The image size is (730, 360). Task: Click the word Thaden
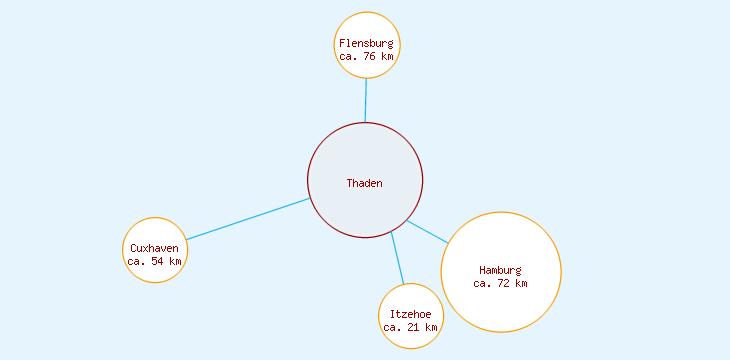coord(364,183)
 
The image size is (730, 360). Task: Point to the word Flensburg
coord(366,44)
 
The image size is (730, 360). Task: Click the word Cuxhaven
coord(154,248)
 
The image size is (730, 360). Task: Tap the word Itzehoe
coord(410,315)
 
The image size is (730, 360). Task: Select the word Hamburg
coord(500,270)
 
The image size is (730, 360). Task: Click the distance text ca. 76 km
coord(366,57)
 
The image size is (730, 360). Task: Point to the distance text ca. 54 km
coord(154,261)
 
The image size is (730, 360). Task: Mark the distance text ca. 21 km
coord(410,328)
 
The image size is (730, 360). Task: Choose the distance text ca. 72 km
coord(500,283)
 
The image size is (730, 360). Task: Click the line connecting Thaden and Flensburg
coord(366,100)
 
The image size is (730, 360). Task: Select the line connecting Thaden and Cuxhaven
coord(248,219)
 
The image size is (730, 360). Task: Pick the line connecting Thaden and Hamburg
coord(428,231)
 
